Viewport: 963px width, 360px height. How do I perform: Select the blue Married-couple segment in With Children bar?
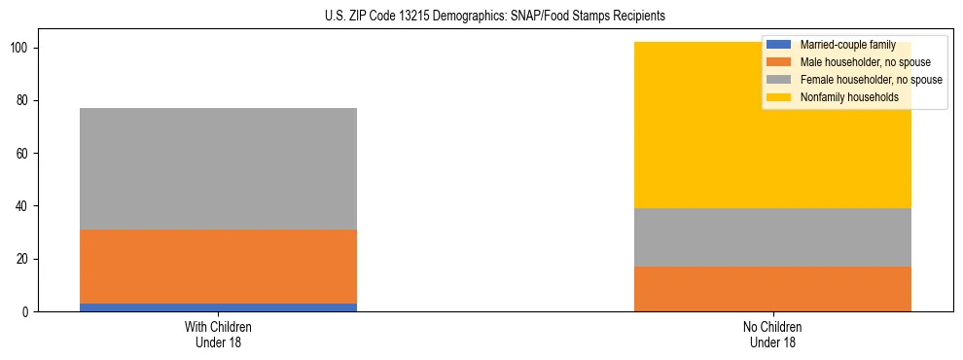point(218,307)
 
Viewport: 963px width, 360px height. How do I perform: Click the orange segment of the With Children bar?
point(218,267)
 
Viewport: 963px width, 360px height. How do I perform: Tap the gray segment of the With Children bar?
point(218,168)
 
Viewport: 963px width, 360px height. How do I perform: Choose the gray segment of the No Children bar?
point(772,237)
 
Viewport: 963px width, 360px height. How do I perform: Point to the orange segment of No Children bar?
point(772,289)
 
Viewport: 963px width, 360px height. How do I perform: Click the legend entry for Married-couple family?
point(841,45)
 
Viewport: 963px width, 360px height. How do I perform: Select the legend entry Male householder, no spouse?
point(856,62)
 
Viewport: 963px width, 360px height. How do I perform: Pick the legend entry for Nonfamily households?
point(841,97)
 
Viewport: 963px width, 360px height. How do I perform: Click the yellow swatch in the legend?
point(779,97)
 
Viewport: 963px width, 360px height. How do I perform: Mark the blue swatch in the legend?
point(779,45)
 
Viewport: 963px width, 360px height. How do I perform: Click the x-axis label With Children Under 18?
point(218,334)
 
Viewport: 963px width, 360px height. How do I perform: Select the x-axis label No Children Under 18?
point(772,334)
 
